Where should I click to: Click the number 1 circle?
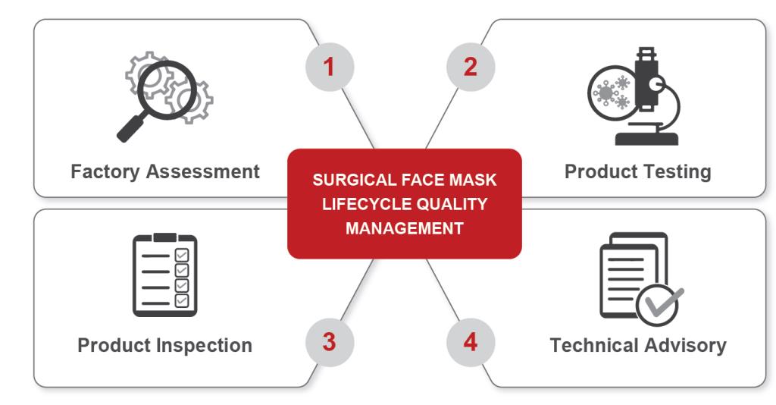click(330, 67)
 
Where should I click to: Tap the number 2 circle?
click(471, 67)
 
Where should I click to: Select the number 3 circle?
click(330, 342)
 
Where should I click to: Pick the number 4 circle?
click(471, 342)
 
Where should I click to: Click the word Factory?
click(105, 172)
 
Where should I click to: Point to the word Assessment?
click(203, 171)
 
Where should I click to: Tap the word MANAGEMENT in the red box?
click(405, 228)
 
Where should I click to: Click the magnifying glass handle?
click(130, 127)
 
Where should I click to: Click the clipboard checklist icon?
click(164, 275)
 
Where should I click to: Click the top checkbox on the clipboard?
click(182, 255)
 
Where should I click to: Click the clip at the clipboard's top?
click(164, 237)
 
